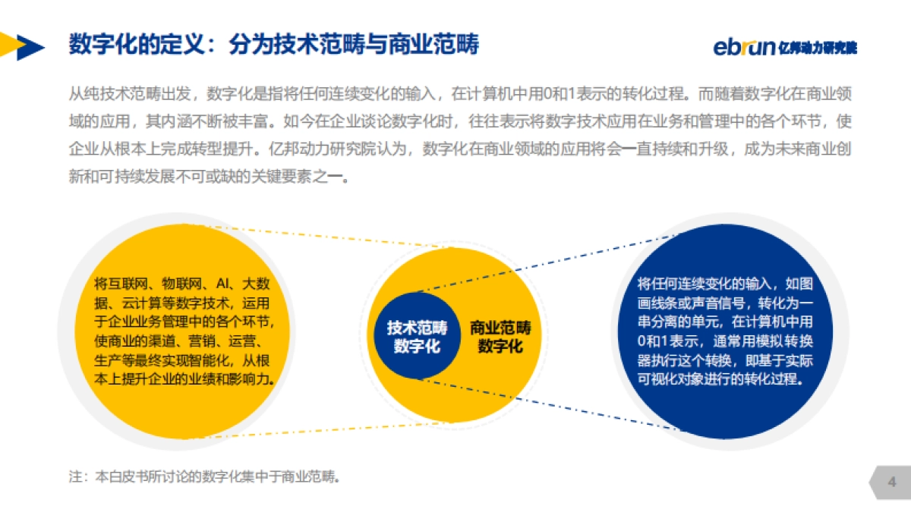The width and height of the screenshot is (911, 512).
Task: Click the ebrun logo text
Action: point(744,47)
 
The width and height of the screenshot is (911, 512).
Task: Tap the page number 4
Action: point(892,482)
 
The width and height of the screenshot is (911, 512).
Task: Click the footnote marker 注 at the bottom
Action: point(74,478)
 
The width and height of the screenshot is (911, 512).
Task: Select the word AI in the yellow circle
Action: point(222,284)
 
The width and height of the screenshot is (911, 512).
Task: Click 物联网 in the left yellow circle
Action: point(185,284)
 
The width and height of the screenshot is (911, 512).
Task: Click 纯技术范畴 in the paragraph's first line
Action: point(114,95)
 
